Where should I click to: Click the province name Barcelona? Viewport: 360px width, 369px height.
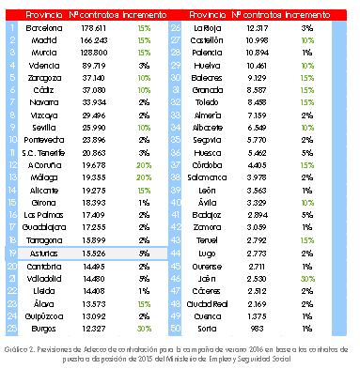[39, 28]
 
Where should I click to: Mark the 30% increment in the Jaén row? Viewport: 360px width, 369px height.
[307, 278]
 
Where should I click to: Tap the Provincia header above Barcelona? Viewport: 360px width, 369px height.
[38, 16]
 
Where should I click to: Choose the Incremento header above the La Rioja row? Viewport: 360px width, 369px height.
[306, 16]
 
